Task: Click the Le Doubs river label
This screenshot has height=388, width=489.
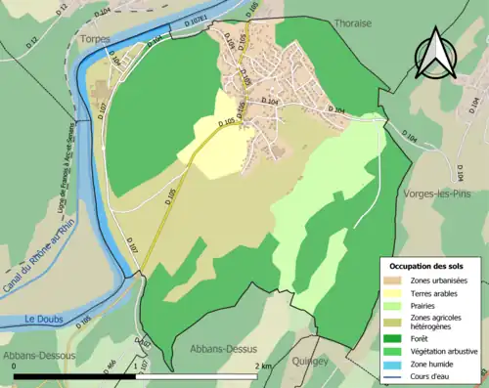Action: pyautogui.click(x=44, y=319)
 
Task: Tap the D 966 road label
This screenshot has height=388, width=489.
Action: pyautogui.click(x=111, y=366)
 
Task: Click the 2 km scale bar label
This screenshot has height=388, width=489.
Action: pyautogui.click(x=265, y=366)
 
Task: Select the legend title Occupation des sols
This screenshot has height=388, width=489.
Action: pyautogui.click(x=427, y=266)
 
